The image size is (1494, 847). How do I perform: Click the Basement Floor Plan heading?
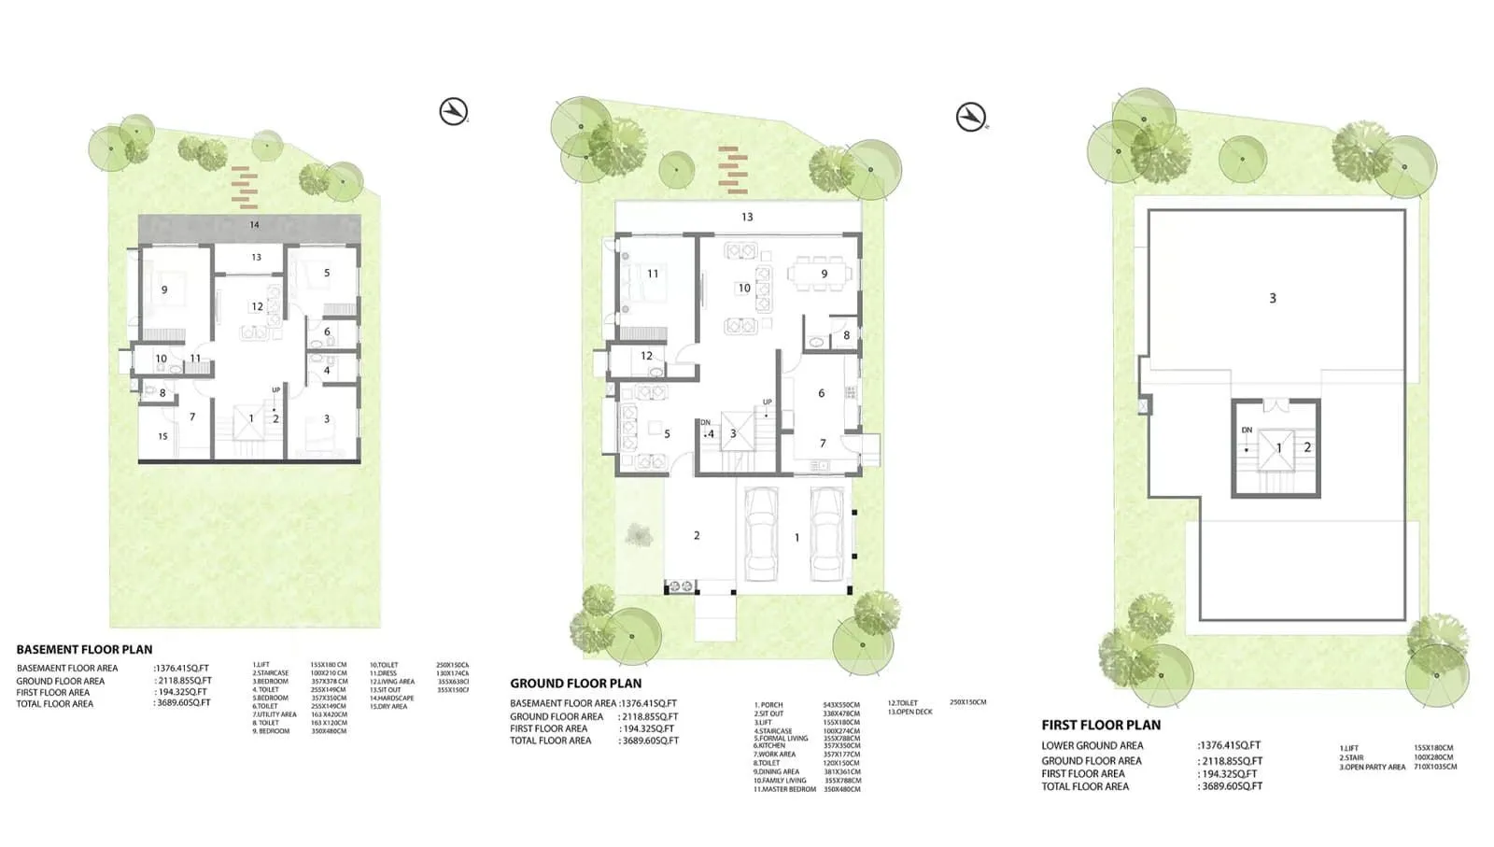tap(84, 649)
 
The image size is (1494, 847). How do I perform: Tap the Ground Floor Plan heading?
tap(575, 683)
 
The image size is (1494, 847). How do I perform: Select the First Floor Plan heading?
tap(1101, 725)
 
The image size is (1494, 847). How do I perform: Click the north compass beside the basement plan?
tap(454, 111)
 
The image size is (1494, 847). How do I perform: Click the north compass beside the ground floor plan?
tap(971, 117)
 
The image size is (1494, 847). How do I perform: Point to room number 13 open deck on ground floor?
tap(746, 217)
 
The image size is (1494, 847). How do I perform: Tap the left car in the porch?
tap(762, 533)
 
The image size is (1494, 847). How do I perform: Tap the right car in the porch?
tap(826, 533)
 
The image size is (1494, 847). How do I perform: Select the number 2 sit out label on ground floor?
tap(697, 535)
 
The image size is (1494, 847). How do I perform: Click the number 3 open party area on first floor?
tap(1272, 298)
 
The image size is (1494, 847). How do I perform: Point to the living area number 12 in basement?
tap(257, 306)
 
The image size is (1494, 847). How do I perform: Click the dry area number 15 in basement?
tap(162, 436)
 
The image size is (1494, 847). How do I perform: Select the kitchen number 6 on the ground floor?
tap(821, 393)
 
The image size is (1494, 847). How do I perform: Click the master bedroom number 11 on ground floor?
tap(653, 274)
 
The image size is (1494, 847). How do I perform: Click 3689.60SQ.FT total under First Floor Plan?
tap(1231, 786)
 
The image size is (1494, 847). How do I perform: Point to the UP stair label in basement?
tap(275, 389)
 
